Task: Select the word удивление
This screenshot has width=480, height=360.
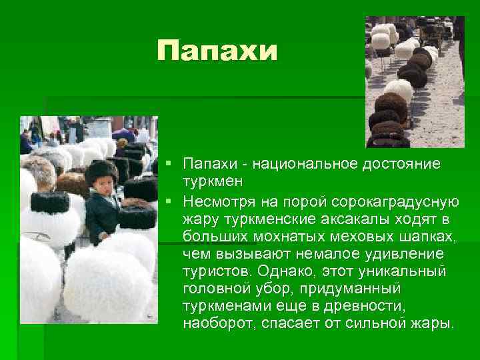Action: [x=393, y=255]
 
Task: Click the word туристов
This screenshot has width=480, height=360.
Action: [x=213, y=273]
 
